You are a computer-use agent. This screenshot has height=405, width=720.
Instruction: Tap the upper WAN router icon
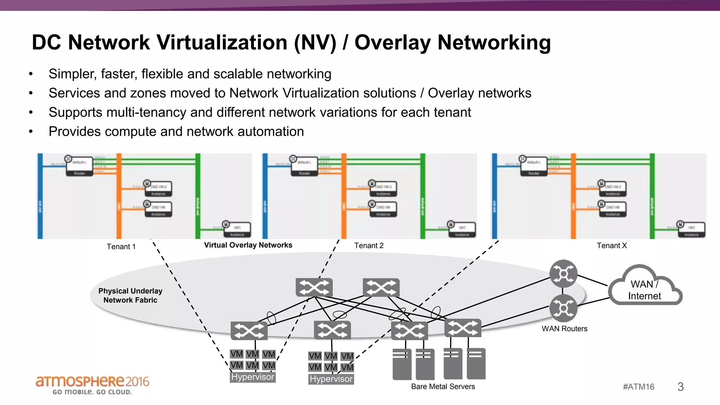point(563,273)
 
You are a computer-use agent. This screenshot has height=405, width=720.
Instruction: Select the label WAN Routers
point(564,328)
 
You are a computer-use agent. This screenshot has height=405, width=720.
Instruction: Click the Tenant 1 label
point(121,246)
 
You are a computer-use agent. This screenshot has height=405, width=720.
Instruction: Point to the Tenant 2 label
point(368,245)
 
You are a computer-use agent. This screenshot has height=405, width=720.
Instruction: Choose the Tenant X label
point(611,245)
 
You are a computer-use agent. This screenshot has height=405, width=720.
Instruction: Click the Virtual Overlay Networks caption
point(248,245)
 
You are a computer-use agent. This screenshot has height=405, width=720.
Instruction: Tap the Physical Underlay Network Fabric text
point(130,295)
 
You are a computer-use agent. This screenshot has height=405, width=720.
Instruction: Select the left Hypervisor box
point(252,377)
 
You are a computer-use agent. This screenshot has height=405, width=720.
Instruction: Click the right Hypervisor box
point(331,379)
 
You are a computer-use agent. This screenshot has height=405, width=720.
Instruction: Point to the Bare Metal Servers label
point(443,386)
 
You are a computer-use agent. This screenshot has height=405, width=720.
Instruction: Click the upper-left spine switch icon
point(314,288)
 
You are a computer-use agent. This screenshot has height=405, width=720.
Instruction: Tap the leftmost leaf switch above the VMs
point(249,330)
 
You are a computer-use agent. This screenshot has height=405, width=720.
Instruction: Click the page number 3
point(680,387)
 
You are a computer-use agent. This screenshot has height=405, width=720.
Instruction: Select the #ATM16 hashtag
point(638,387)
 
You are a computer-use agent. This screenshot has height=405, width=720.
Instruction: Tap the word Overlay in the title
point(392,43)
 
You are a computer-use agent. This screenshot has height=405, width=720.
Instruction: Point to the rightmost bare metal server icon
point(476,364)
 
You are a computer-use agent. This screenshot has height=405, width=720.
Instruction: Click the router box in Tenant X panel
point(534,166)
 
